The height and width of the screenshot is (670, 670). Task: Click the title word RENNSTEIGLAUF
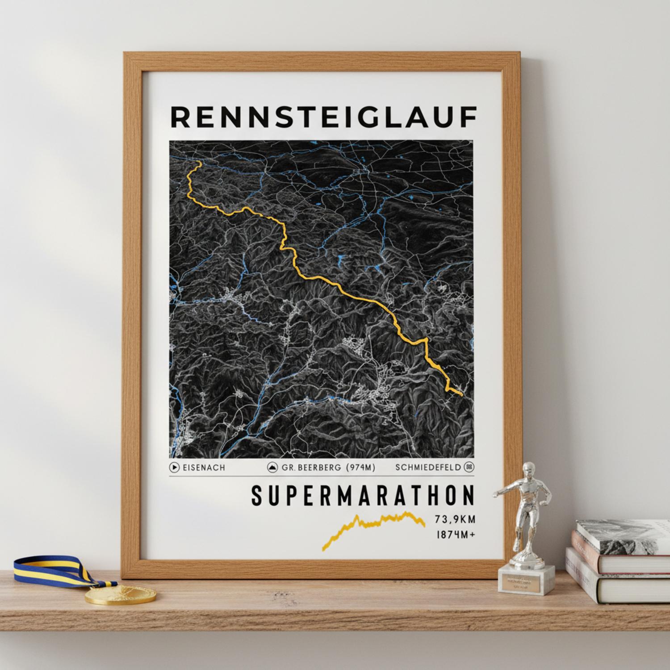[323, 117]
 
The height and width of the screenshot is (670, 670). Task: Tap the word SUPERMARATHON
[362, 496]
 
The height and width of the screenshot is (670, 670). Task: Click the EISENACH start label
[203, 468]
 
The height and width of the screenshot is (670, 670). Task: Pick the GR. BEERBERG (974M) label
[328, 468]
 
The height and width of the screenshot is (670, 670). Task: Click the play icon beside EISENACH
[174, 468]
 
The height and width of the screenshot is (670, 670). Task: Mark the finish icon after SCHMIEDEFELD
[469, 468]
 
